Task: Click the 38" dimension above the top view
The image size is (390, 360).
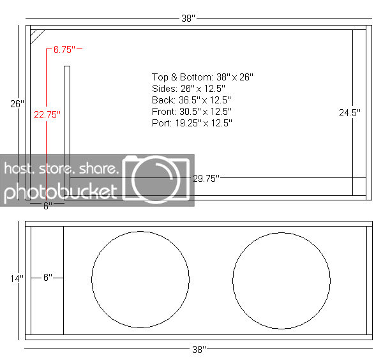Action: tap(188, 18)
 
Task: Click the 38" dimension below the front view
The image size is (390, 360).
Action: tap(199, 350)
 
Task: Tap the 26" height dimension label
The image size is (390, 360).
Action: tap(17, 104)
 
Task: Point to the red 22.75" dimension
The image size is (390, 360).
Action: tap(47, 115)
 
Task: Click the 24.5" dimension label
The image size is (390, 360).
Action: tap(349, 113)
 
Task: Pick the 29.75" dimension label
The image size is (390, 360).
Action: tap(206, 178)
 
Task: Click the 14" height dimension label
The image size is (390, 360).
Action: tap(17, 278)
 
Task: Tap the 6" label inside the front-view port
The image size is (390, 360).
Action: tap(48, 278)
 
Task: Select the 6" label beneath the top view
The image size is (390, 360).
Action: tap(48, 206)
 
